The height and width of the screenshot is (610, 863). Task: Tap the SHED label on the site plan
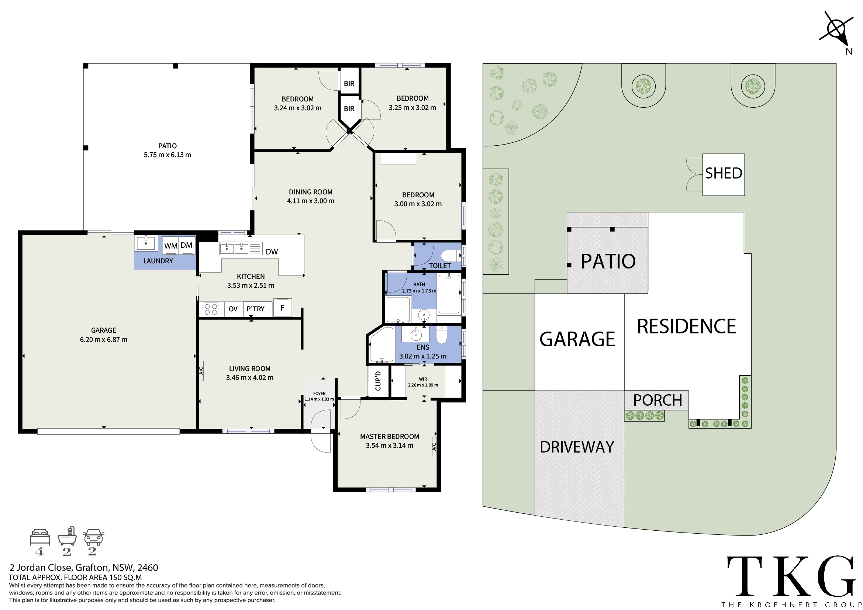tap(724, 173)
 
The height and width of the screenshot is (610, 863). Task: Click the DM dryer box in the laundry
tap(187, 245)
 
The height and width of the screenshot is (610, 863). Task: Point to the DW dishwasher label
tap(272, 252)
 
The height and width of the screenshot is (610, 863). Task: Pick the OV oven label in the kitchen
tap(233, 309)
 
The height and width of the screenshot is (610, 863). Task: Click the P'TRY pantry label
tap(256, 309)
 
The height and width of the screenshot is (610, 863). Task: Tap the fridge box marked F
tap(283, 308)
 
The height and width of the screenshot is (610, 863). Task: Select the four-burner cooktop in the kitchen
tap(211, 309)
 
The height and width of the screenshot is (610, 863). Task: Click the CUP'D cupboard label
tap(378, 381)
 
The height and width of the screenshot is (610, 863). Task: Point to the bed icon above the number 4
tap(40, 537)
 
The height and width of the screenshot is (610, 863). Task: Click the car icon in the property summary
tap(93, 537)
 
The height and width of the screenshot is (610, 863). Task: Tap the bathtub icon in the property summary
tap(67, 536)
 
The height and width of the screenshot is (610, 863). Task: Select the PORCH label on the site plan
tap(657, 401)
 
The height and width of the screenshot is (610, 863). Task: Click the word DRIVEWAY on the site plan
tap(577, 447)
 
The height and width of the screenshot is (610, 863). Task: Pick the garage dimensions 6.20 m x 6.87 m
tap(104, 340)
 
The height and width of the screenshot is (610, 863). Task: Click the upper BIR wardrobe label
tap(349, 83)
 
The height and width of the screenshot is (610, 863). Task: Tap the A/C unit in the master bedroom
tap(434, 447)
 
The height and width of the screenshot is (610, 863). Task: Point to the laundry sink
tap(145, 243)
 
